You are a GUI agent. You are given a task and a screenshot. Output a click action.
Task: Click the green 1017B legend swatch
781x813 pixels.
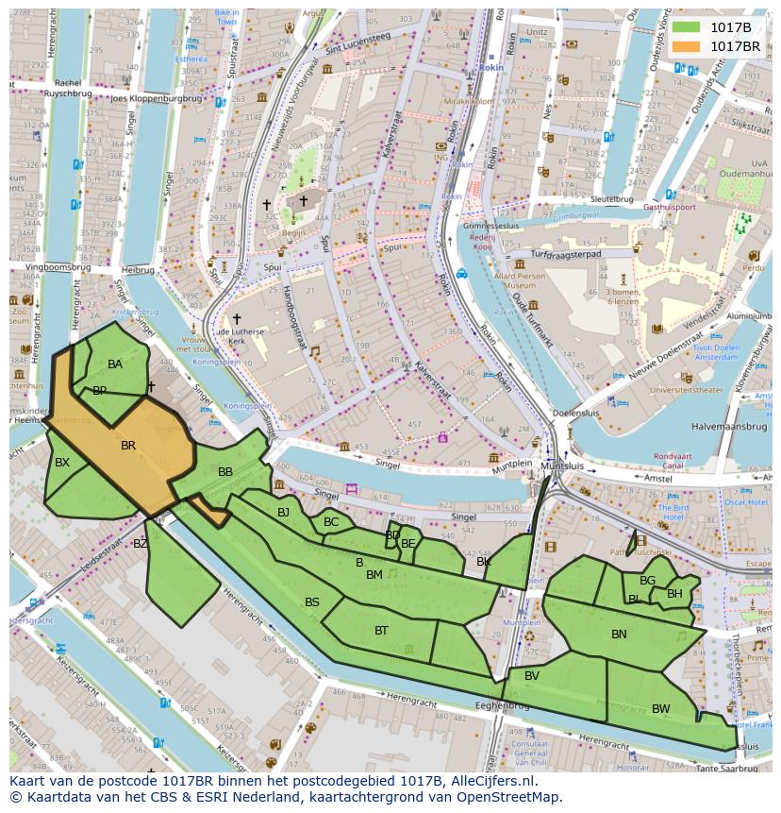[x=687, y=27]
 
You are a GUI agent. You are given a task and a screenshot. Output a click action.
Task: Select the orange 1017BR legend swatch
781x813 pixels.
[x=687, y=46]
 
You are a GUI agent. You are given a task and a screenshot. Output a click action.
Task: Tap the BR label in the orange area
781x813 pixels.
[x=128, y=445]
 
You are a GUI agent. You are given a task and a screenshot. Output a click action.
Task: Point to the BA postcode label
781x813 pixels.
[x=115, y=364]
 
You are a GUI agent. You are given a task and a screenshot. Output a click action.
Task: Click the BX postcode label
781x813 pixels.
[x=62, y=463]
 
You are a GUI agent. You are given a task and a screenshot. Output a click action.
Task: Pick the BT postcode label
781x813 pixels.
[x=381, y=630]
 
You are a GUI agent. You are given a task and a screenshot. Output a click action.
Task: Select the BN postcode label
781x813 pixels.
[x=619, y=634]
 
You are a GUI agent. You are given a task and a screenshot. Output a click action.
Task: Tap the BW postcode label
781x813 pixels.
[x=660, y=708]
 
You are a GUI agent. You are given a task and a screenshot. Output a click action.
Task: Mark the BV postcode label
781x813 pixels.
[x=532, y=675]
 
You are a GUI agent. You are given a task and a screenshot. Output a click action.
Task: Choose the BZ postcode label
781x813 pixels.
[x=141, y=543]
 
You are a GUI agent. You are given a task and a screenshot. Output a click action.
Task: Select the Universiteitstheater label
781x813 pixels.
[x=693, y=389]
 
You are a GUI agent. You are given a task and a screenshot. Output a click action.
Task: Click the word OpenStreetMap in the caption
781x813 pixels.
[x=509, y=797]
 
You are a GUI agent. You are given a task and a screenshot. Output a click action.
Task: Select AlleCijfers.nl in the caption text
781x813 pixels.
[x=491, y=781]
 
